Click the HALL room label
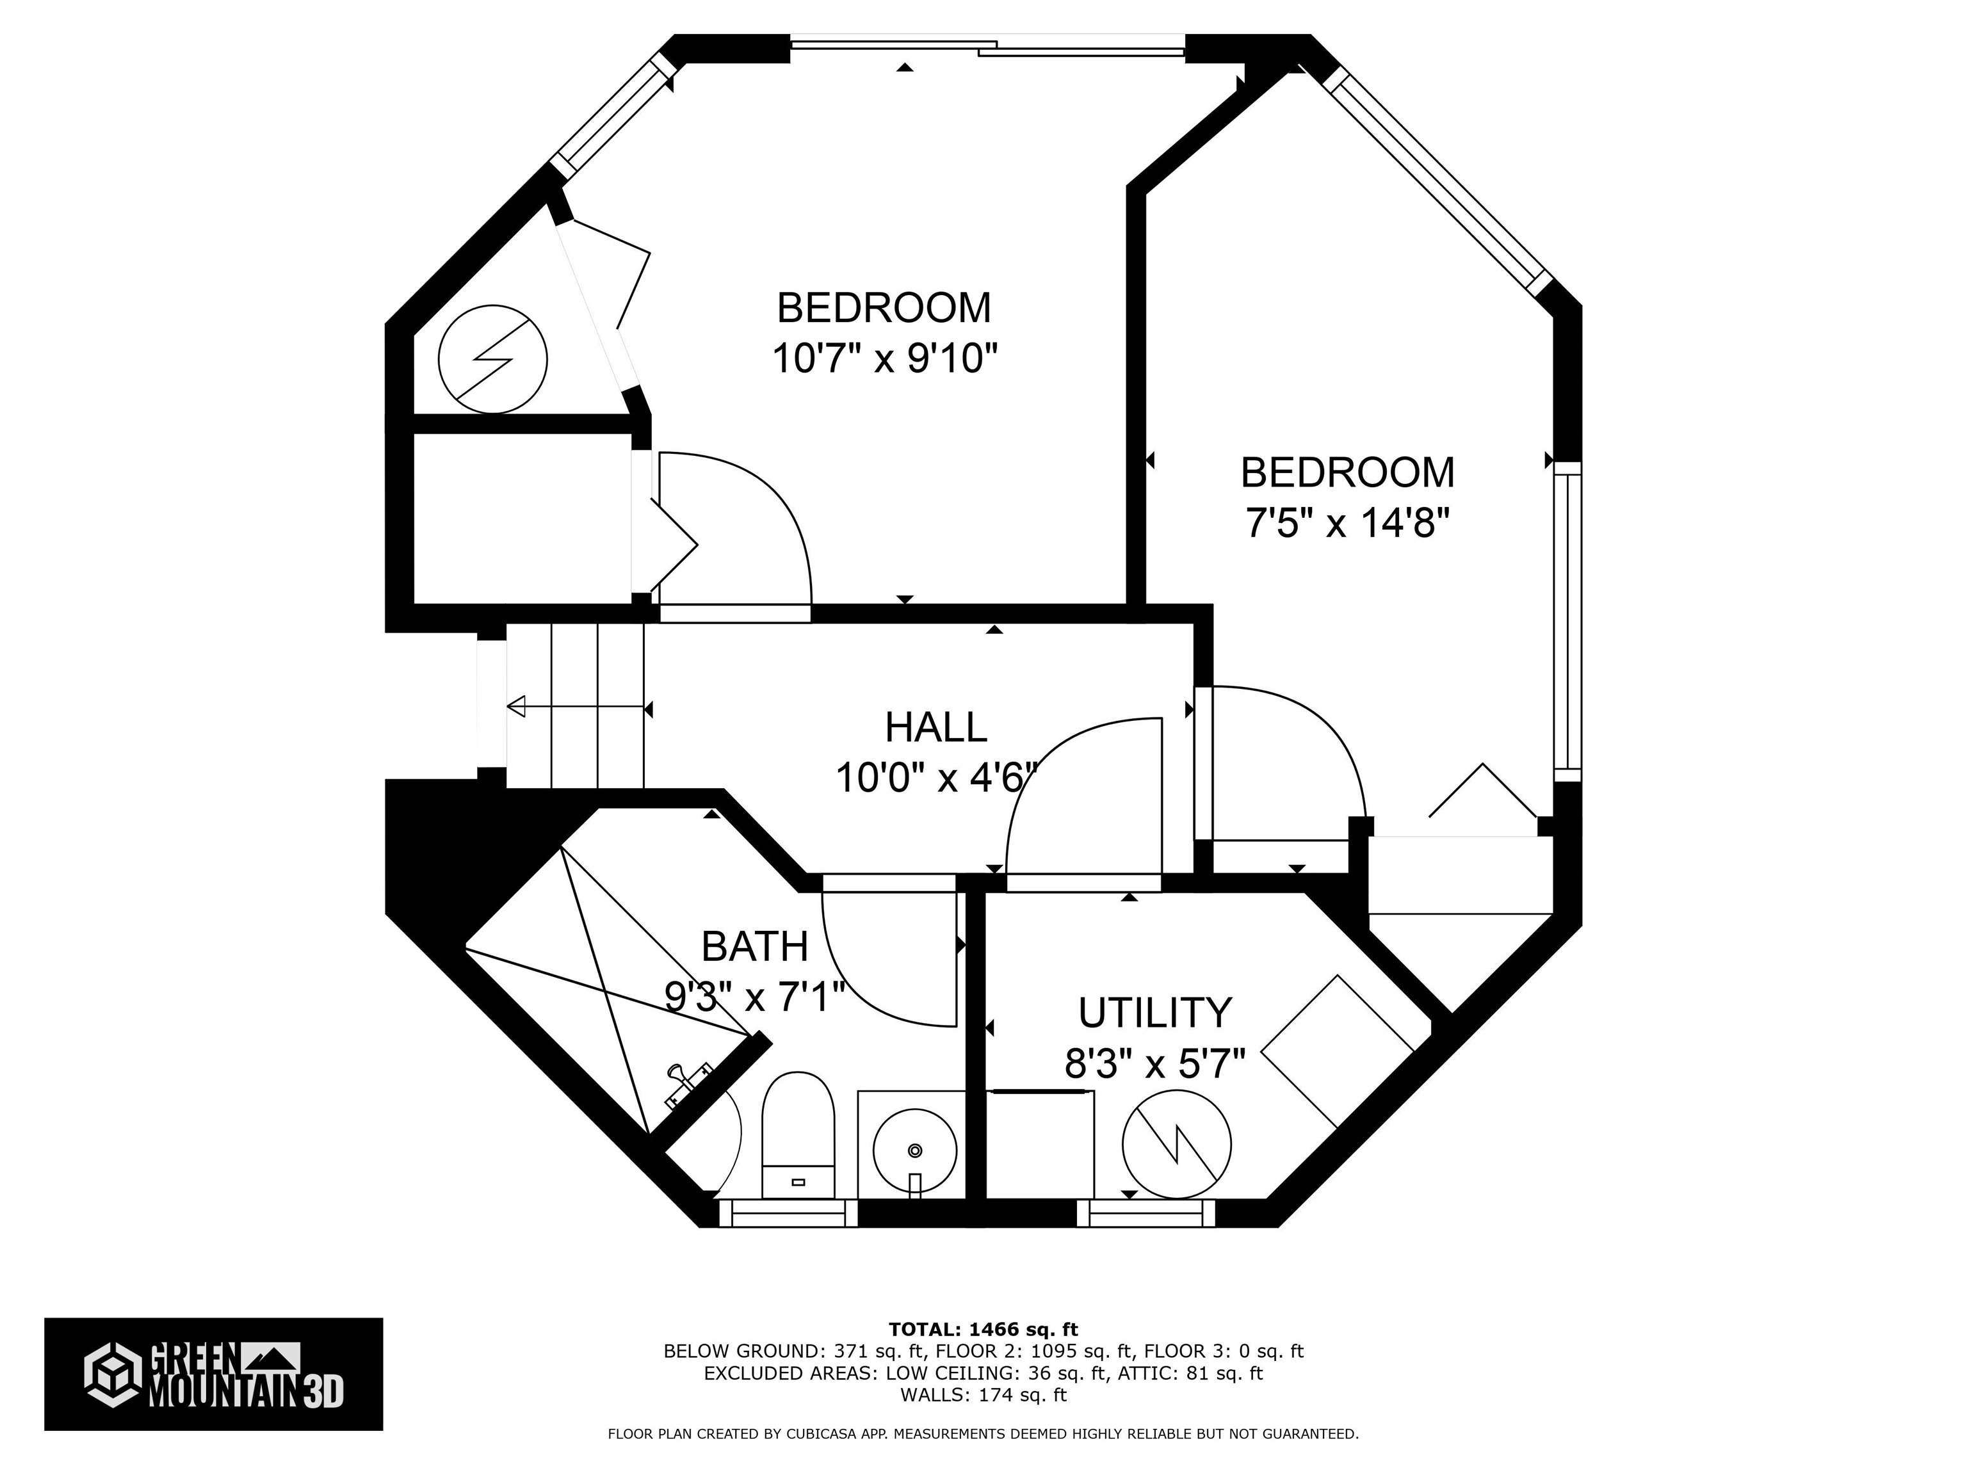pyautogui.click(x=935, y=727)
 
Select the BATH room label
pyautogui.click(x=755, y=946)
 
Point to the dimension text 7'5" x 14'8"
pyautogui.click(x=1347, y=523)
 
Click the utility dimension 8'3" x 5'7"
pyautogui.click(x=1155, y=1063)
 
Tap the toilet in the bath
pyautogui.click(x=798, y=1134)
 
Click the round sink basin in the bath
pyautogui.click(x=915, y=1150)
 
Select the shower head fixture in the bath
pyautogui.click(x=688, y=1084)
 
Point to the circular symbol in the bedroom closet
pyautogui.click(x=492, y=359)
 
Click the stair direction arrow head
pyautogui.click(x=515, y=707)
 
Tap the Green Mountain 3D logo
pyautogui.click(x=213, y=1374)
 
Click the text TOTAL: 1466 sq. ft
pyautogui.click(x=983, y=1329)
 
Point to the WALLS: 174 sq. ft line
pyautogui.click(x=983, y=1395)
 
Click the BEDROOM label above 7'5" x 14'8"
pyautogui.click(x=1347, y=472)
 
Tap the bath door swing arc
pyautogui.click(x=871, y=995)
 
